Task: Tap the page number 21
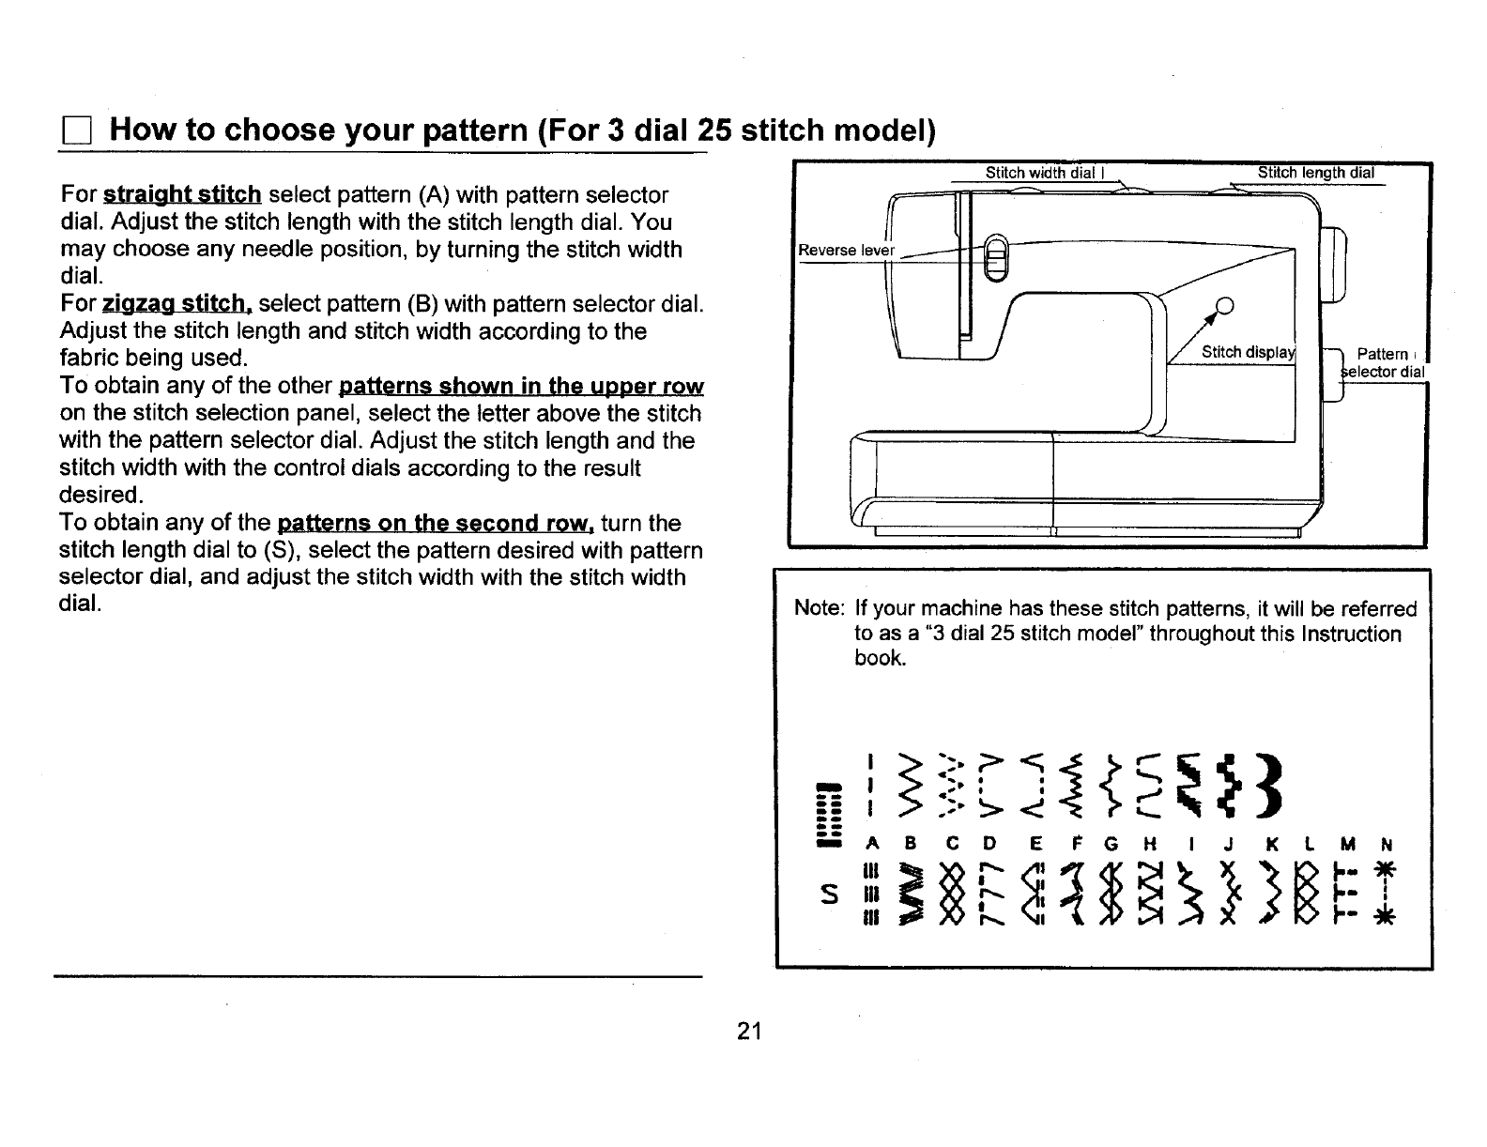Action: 748,1031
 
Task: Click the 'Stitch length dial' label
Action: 1314,173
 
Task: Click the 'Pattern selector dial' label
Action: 1383,362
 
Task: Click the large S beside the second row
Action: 827,895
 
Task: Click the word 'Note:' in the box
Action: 820,609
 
